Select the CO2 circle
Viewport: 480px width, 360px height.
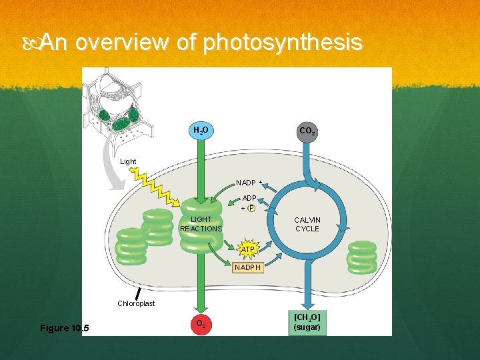(307, 131)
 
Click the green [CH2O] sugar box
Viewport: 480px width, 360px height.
(307, 322)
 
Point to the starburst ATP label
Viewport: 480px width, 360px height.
(248, 249)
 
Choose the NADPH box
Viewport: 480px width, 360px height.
(248, 267)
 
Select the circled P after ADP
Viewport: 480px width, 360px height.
(251, 207)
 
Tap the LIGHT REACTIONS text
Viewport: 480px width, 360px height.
(201, 224)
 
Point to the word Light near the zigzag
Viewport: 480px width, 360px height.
(128, 162)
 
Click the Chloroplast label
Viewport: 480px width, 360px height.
(136, 303)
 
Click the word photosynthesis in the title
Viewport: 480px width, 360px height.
(283, 43)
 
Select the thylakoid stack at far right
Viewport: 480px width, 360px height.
(362, 257)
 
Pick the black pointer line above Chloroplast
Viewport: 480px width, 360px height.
(138, 292)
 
